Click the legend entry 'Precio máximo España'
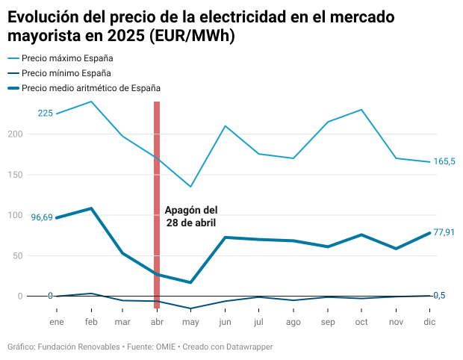68,58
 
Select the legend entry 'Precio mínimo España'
66,73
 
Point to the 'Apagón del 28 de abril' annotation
191,217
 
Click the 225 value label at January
46,114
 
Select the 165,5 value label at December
444,161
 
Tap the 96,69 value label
42,217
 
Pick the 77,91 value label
444,232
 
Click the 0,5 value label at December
440,296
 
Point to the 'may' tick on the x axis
190,322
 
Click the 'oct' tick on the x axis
361,322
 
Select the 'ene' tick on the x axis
57,322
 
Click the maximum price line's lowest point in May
190,187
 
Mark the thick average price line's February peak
91,208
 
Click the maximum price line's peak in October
361,110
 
